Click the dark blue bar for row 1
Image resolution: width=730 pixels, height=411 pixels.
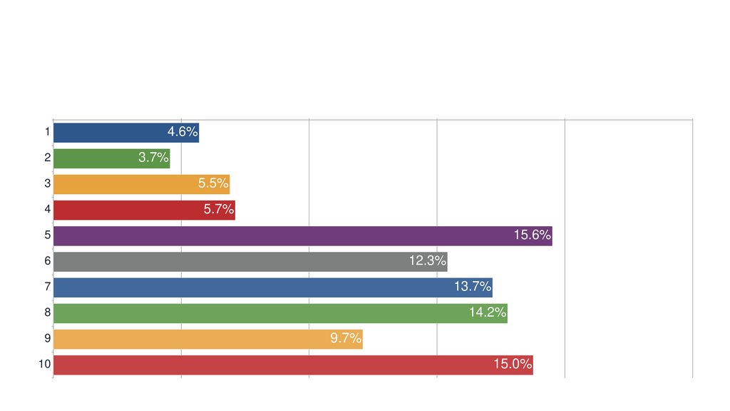107,133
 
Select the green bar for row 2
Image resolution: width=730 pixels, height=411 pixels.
93,158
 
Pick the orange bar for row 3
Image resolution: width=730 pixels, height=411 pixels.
121,184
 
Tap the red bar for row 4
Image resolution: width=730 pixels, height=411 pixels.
125,210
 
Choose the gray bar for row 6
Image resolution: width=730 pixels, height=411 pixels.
228,262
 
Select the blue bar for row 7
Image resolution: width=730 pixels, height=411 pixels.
250,288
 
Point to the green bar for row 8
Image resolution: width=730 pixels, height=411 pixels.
257,313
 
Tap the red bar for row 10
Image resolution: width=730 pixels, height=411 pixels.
271,365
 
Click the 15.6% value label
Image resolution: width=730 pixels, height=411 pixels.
533,235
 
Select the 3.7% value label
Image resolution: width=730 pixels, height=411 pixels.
153,158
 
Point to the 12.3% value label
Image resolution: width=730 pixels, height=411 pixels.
428,261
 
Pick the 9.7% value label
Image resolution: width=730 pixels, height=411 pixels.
346,338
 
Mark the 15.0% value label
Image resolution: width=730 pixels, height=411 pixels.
513,365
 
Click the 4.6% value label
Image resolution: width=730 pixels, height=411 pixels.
182,132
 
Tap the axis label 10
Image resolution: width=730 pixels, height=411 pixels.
44,365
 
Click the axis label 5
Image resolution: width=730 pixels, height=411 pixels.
47,235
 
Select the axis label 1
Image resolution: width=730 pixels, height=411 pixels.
47,132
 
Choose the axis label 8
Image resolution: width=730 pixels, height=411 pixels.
47,313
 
